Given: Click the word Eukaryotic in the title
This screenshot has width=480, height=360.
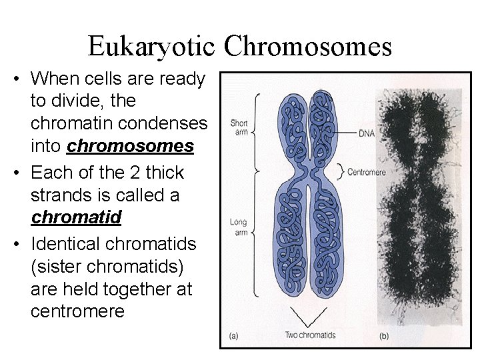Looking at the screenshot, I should coord(152,47).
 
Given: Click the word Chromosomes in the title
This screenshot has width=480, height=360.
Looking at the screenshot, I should coord(308,47).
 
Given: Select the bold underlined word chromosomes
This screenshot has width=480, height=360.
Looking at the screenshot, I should coord(131,146).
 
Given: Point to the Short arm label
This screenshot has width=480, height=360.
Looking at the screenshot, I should coord(239,127).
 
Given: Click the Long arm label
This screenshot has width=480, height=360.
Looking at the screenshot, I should coord(239,228).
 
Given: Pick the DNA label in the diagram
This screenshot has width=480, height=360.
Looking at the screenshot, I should coord(367,133).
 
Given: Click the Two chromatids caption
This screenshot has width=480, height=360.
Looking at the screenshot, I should coord(310,335).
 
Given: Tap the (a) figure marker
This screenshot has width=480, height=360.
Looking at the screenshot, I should coord(233,337).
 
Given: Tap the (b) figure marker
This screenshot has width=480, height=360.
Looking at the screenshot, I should coord(385,337).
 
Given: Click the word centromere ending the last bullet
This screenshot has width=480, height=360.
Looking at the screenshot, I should coord(77,311).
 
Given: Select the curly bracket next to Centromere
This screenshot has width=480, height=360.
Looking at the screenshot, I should coord(341,171).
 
